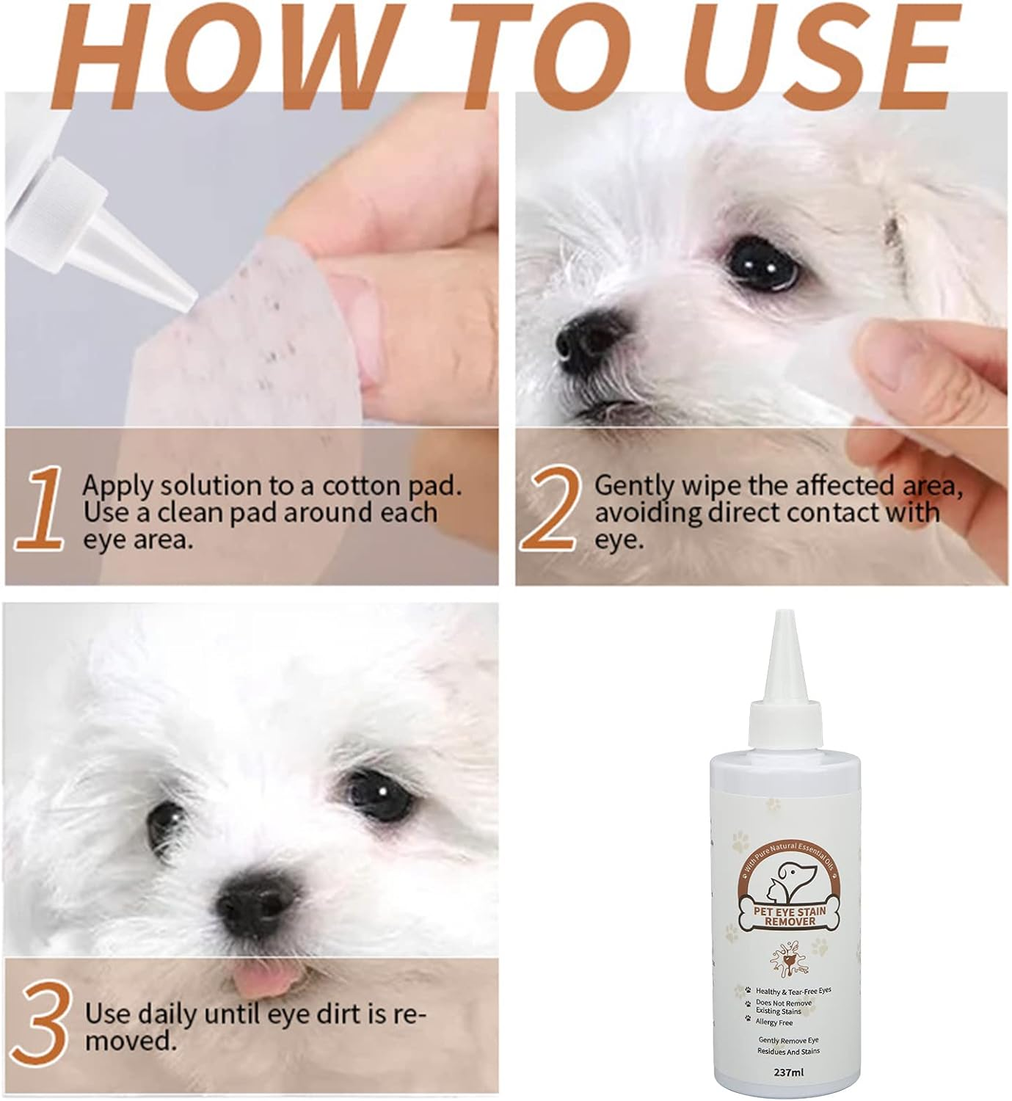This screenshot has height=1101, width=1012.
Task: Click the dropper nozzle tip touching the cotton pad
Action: (186, 298)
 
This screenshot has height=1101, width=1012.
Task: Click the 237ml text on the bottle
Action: (790, 1073)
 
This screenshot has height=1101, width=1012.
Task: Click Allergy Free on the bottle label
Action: (773, 1022)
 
